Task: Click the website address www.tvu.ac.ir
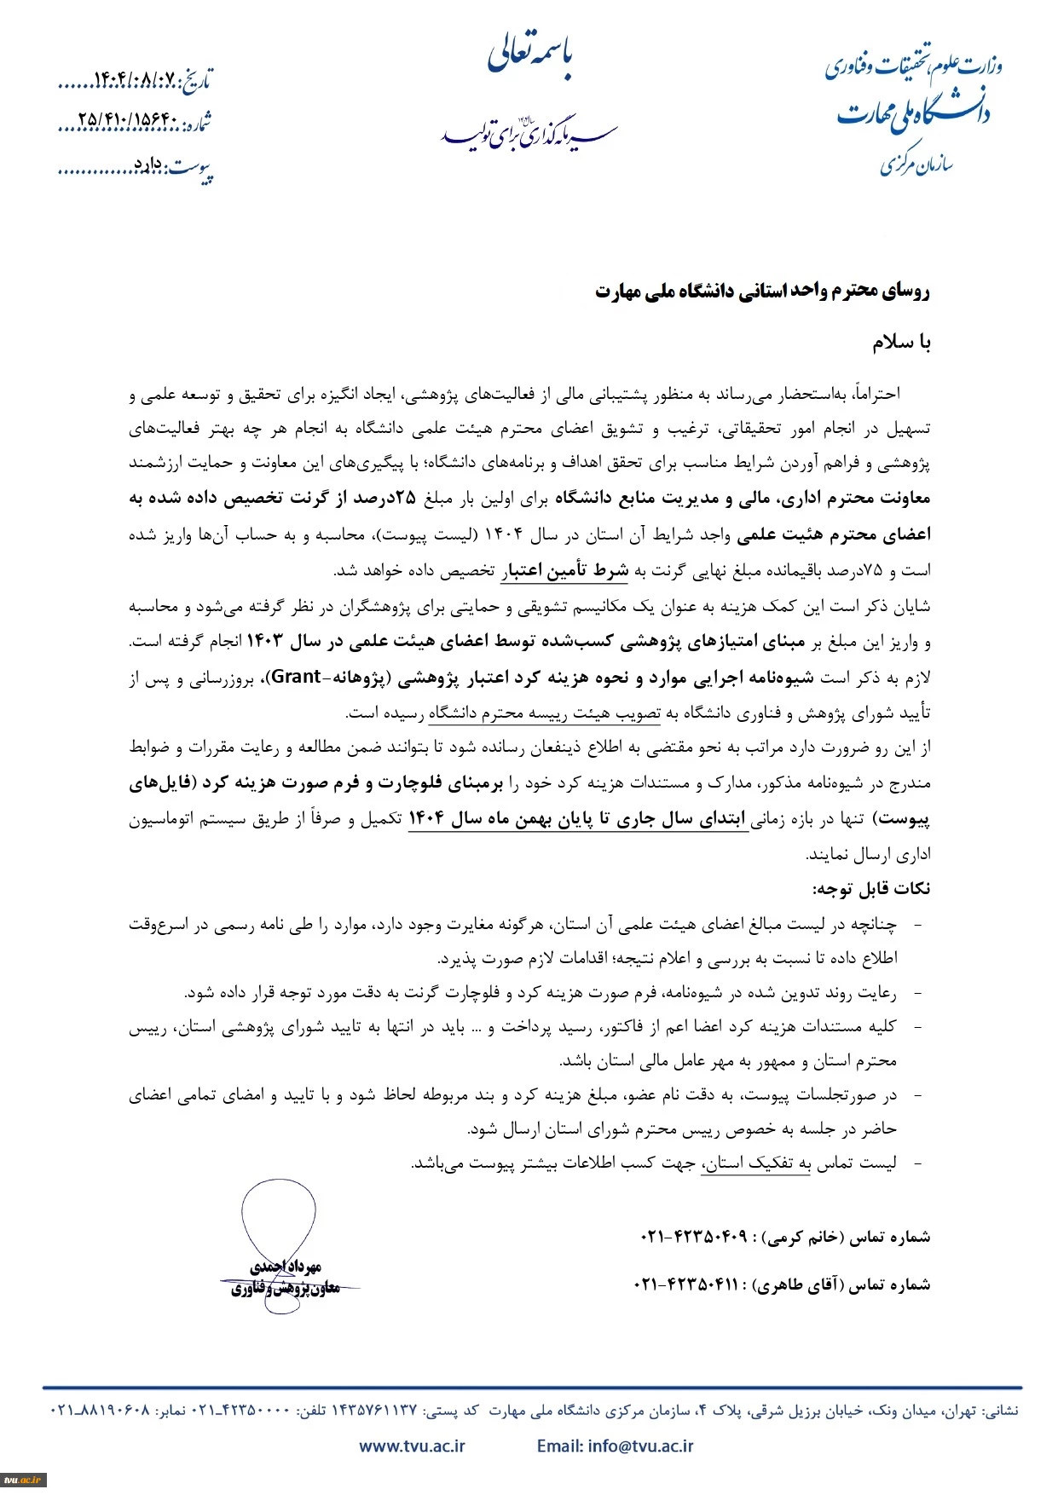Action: point(412,1446)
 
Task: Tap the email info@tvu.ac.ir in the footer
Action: point(615,1446)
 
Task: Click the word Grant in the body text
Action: point(297,677)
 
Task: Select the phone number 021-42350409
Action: point(693,1236)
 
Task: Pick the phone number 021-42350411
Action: point(687,1284)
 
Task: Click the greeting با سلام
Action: point(900,343)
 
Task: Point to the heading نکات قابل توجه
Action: point(870,888)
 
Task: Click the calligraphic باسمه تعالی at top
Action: point(530,56)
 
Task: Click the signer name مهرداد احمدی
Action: point(286,1267)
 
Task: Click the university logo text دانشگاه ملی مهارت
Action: point(912,114)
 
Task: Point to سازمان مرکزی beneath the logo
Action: point(916,163)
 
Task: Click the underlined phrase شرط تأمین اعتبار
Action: point(564,570)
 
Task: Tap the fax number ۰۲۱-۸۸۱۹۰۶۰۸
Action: point(100,1410)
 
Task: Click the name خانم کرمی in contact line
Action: point(804,1236)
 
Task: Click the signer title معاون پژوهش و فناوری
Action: point(286,1288)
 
